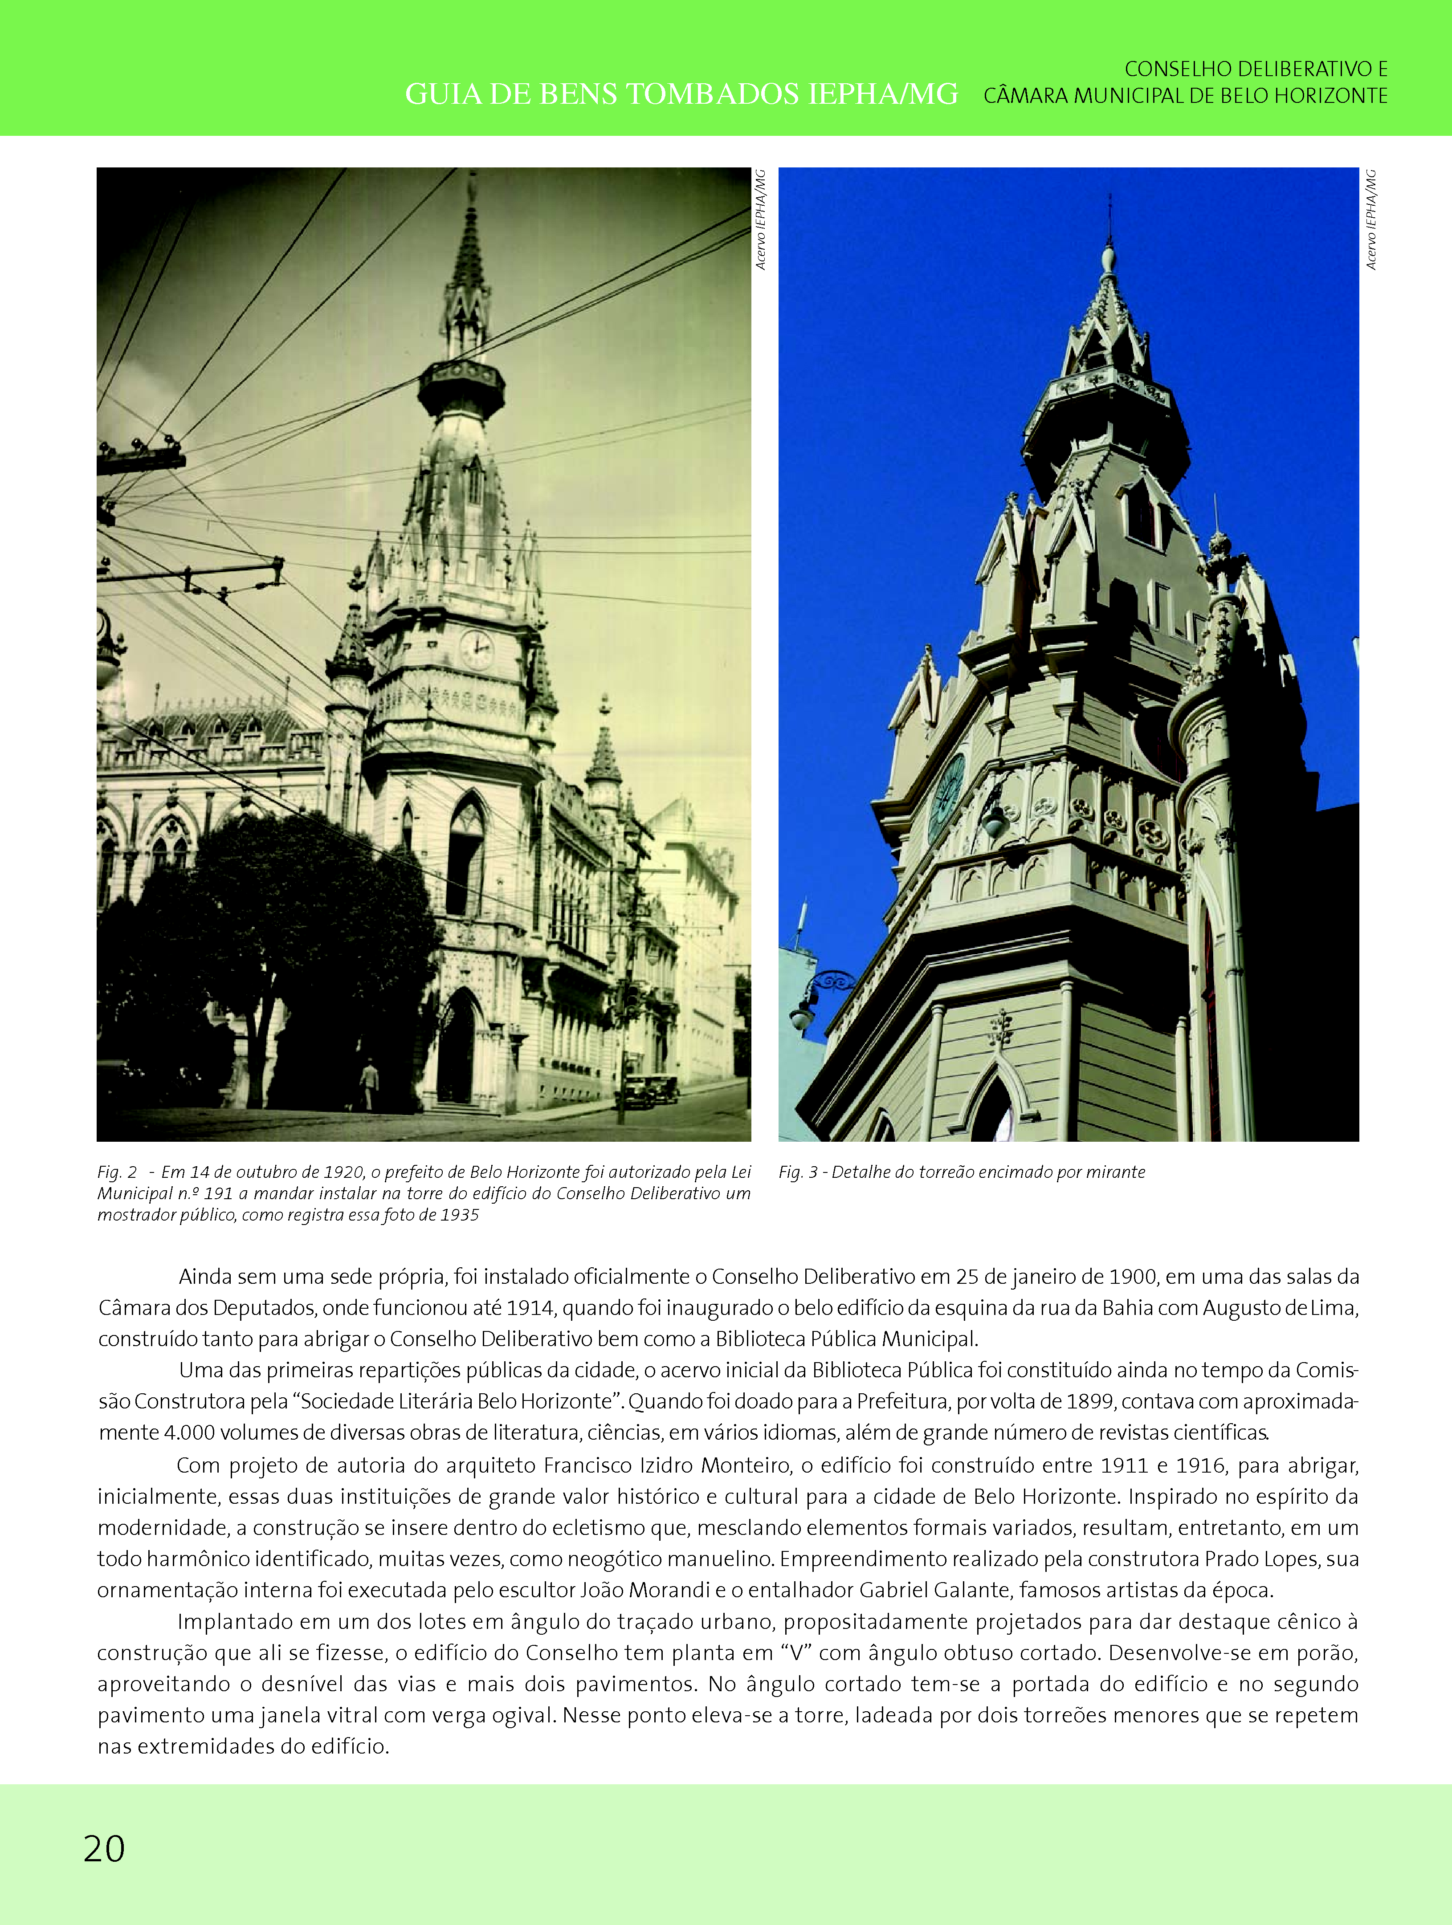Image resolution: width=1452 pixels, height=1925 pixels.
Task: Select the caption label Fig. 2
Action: pyautogui.click(x=117, y=1172)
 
